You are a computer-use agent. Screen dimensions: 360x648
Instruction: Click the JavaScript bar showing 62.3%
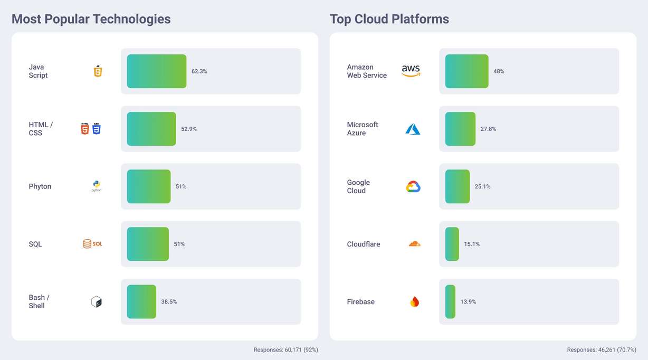[156, 71]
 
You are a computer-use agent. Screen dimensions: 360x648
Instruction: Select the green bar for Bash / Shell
[141, 302]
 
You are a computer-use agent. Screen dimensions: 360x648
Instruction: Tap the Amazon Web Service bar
[466, 71]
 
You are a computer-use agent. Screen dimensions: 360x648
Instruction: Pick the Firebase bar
[450, 302]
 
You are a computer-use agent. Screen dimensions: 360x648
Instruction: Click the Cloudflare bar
[452, 244]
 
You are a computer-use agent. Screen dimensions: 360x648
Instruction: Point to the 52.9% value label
[189, 129]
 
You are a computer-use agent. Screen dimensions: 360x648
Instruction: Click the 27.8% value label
[488, 129]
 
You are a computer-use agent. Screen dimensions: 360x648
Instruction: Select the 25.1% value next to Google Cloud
[482, 186]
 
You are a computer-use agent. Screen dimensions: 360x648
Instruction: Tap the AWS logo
[411, 71]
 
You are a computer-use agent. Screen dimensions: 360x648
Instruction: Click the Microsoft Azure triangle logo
[413, 129]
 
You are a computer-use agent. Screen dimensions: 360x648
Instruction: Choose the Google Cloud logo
[413, 186]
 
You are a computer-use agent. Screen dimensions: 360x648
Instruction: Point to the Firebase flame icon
[415, 302]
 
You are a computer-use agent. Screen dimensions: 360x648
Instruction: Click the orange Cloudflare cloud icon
[414, 244]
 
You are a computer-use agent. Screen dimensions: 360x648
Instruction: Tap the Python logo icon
[97, 186]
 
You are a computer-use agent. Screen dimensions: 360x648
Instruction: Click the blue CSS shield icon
[97, 129]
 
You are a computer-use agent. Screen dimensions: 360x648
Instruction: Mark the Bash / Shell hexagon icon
[96, 302]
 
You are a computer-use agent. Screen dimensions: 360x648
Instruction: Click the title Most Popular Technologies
[91, 19]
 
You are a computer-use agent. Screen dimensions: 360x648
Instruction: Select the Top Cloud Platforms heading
[389, 19]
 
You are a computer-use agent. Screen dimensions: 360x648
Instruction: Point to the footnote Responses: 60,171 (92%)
[285, 350]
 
